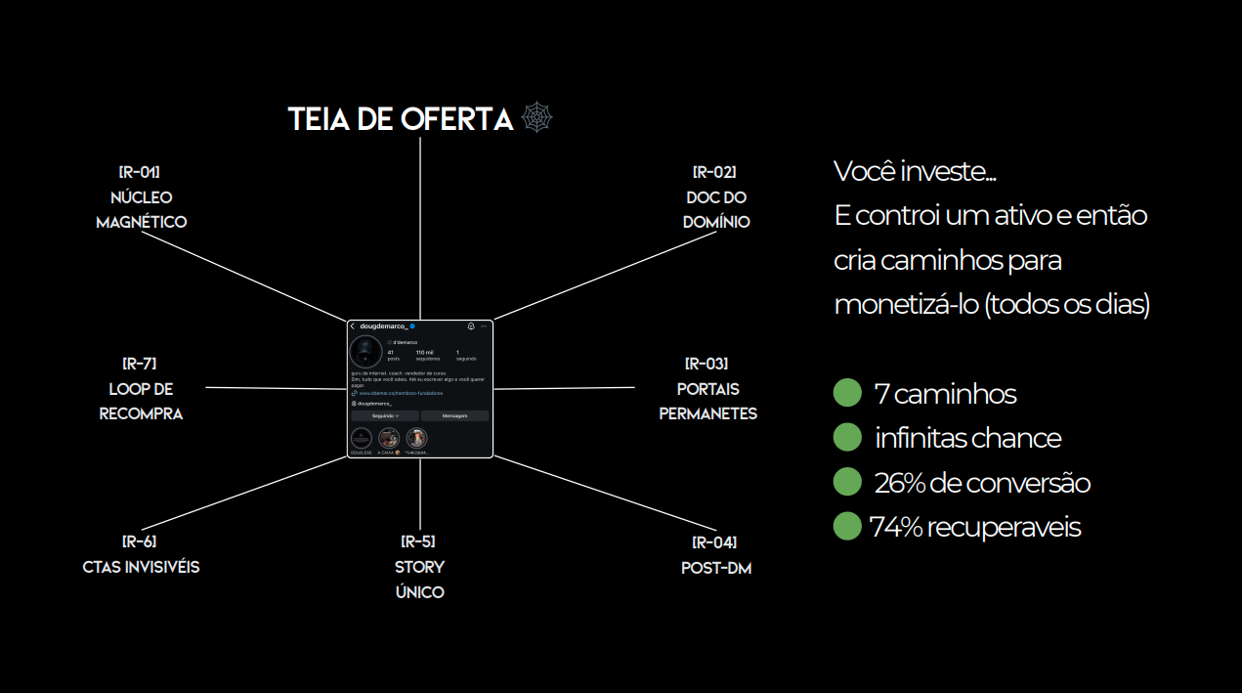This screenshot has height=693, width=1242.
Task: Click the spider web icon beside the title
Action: point(537,118)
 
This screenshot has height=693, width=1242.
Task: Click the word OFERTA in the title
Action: point(456,119)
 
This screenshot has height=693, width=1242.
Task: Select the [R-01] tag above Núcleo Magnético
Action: point(141,173)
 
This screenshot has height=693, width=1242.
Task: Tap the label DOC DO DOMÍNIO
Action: point(716,209)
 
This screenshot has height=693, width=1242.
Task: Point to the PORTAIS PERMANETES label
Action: point(707,401)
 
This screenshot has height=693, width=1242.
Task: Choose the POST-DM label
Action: point(715,568)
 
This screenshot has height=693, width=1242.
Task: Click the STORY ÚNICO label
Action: point(419,579)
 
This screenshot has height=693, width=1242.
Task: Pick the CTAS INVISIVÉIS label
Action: point(141,567)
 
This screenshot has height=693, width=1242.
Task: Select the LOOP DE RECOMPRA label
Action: point(141,401)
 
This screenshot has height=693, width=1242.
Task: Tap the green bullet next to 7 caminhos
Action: point(846,393)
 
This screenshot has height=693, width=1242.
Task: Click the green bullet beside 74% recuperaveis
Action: point(846,527)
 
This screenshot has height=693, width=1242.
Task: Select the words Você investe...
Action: point(915,171)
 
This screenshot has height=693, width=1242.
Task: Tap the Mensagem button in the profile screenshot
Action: point(454,415)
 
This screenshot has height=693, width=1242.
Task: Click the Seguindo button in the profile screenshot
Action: point(385,415)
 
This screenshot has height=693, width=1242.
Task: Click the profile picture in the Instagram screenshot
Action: point(366,352)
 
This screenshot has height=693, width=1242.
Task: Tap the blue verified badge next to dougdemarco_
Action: point(412,325)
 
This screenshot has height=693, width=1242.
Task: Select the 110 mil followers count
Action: point(424,353)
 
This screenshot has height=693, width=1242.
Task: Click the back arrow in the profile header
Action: point(353,325)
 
